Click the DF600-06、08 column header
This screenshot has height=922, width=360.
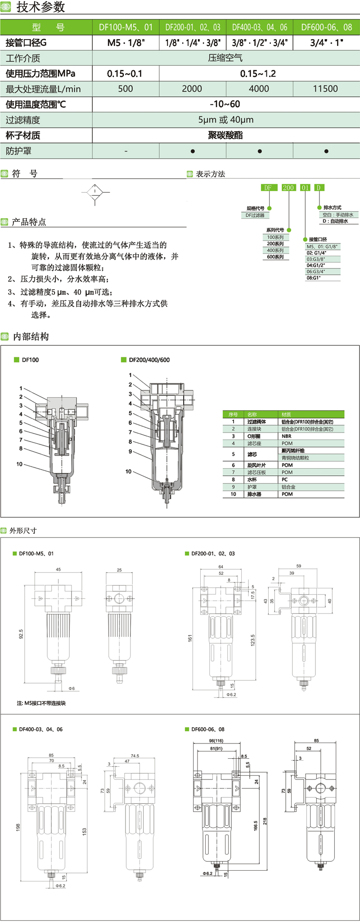pyautogui.click(x=326, y=27)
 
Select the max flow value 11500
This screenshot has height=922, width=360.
pyautogui.click(x=325, y=89)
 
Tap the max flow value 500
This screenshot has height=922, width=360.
pyautogui.click(x=125, y=89)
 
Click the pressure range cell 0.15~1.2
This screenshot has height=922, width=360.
pyautogui.click(x=258, y=74)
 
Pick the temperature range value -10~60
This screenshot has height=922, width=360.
pyautogui.click(x=225, y=104)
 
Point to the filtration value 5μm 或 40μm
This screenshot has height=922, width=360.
pyautogui.click(x=225, y=120)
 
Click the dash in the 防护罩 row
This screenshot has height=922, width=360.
pyautogui.click(x=126, y=152)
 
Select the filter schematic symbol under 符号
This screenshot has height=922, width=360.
pyautogui.click(x=95, y=193)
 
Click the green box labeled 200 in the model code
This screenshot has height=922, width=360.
pyautogui.click(x=288, y=188)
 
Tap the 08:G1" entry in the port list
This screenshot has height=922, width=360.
pyautogui.click(x=314, y=278)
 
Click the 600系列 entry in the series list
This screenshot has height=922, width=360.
pyautogui.click(x=275, y=257)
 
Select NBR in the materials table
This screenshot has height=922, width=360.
pyautogui.click(x=287, y=436)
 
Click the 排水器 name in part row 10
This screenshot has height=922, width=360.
pyautogui.click(x=254, y=494)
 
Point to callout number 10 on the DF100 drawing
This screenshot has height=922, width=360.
pyautogui.click(x=19, y=464)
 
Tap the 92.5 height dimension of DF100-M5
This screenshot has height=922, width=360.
pyautogui.click(x=21, y=634)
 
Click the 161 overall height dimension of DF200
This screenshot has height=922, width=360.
pyautogui.click(x=190, y=638)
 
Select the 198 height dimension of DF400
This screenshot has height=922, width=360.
pyautogui.click(x=18, y=827)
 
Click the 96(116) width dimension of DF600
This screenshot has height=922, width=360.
pyautogui.click(x=216, y=740)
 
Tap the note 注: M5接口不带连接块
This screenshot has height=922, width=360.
pyautogui.click(x=41, y=703)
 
